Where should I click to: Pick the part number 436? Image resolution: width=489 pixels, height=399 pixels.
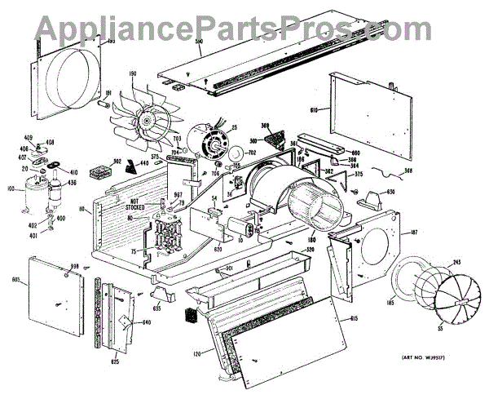pyautogui.click(x=73, y=183)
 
